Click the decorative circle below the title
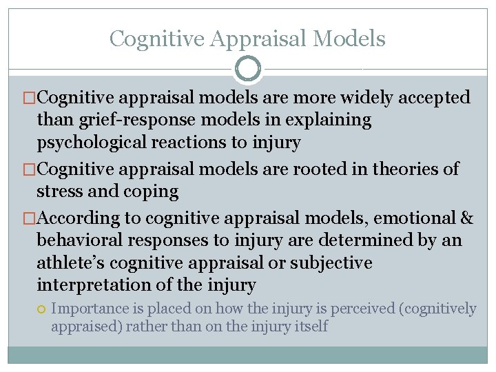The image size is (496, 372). pyautogui.click(x=248, y=69)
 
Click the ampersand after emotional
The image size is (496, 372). pyautogui.click(x=466, y=218)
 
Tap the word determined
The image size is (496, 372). pyautogui.click(x=357, y=241)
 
